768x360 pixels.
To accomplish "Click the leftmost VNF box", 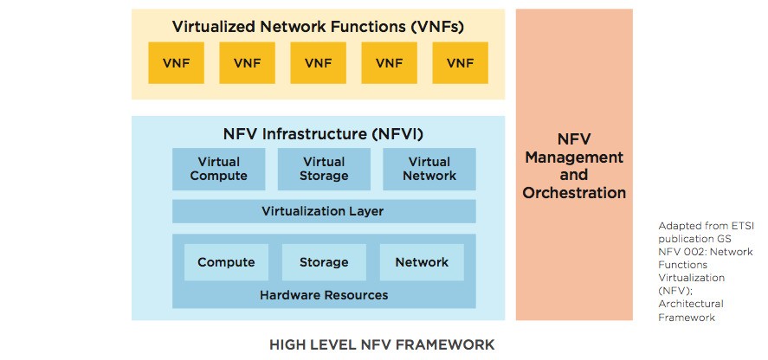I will click(x=176, y=62).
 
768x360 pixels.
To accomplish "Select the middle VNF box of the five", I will click(x=318, y=62).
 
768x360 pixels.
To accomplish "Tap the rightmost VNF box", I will click(x=460, y=62).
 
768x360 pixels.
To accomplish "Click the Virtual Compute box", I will click(x=218, y=169).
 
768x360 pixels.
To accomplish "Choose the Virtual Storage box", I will click(x=324, y=169).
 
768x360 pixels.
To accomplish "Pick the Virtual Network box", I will click(x=429, y=169).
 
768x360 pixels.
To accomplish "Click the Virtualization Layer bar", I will click(x=324, y=211).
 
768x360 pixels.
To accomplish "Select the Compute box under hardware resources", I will click(x=226, y=262).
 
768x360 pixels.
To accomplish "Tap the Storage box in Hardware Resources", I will click(x=324, y=262).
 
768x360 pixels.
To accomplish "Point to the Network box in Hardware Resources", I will click(x=422, y=262).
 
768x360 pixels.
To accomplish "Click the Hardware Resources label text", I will click(x=324, y=295).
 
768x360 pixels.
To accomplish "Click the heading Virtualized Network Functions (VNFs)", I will click(x=318, y=27).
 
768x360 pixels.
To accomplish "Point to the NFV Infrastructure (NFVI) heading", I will click(x=323, y=134).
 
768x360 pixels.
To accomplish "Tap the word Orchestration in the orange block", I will click(x=574, y=192).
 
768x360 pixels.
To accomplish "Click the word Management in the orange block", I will click(x=574, y=157).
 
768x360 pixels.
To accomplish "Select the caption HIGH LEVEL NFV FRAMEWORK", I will click(x=382, y=344).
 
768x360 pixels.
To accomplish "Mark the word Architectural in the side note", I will click(x=691, y=304).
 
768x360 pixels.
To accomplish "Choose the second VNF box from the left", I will click(x=247, y=62).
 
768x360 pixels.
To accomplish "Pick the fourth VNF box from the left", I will click(x=389, y=62).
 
